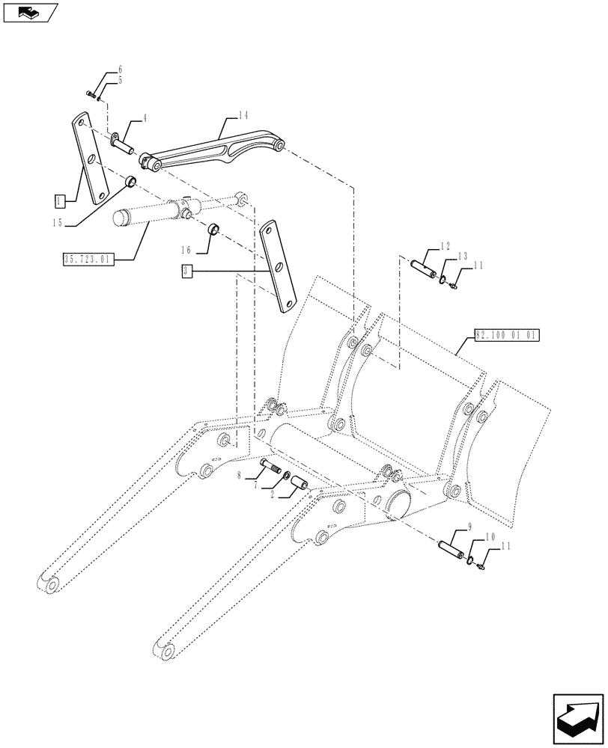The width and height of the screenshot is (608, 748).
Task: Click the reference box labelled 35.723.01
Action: (x=87, y=260)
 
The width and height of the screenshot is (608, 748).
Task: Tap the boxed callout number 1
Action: (x=60, y=200)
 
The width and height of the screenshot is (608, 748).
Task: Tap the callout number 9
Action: (x=469, y=527)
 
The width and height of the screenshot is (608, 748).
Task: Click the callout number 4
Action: (x=144, y=118)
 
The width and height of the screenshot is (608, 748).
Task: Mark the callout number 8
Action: (x=239, y=475)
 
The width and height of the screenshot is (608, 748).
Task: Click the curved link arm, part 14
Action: (x=217, y=150)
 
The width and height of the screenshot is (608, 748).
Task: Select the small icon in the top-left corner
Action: (x=30, y=12)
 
